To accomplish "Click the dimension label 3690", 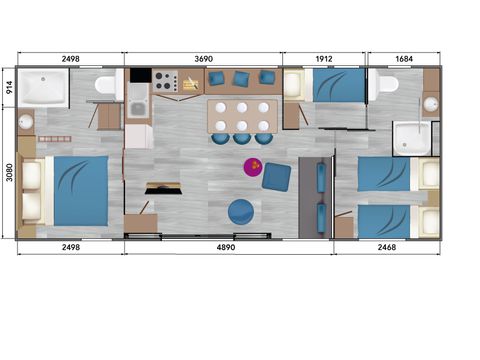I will coord(204,59).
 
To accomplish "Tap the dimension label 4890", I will coord(230,246).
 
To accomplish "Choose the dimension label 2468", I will coord(388,246).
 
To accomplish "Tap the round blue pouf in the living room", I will coord(241,211).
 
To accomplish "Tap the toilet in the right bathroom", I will coord(386,85).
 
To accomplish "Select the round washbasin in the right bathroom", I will coord(430,103).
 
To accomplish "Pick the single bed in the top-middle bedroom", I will coord(331,87).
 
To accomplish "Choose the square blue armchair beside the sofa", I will coord(277,176).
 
